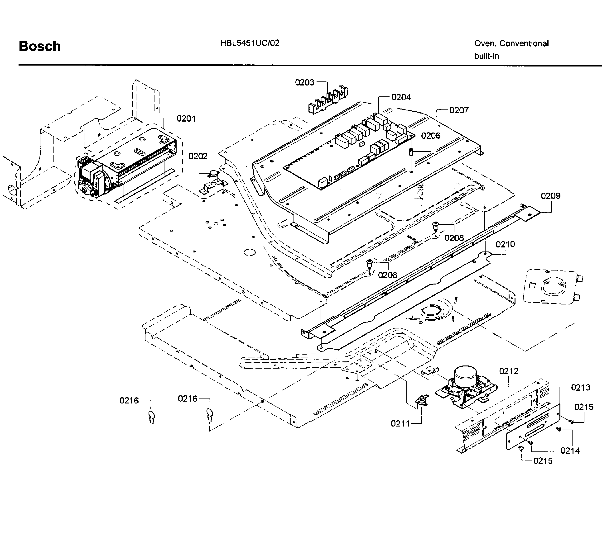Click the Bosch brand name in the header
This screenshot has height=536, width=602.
tap(39, 47)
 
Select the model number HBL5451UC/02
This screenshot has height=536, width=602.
tap(250, 43)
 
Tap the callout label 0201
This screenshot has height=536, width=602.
tap(186, 119)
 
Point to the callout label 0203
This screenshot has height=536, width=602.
tap(304, 82)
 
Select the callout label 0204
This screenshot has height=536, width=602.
tap(401, 97)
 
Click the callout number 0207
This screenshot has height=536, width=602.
tap(458, 110)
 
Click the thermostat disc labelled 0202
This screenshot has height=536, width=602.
tap(213, 174)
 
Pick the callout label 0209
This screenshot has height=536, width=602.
tap(550, 196)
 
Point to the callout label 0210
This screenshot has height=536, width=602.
tap(505, 244)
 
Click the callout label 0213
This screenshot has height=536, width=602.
tap(580, 387)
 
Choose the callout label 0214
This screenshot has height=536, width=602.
tap(570, 451)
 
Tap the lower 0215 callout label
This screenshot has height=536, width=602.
tap(543, 461)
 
